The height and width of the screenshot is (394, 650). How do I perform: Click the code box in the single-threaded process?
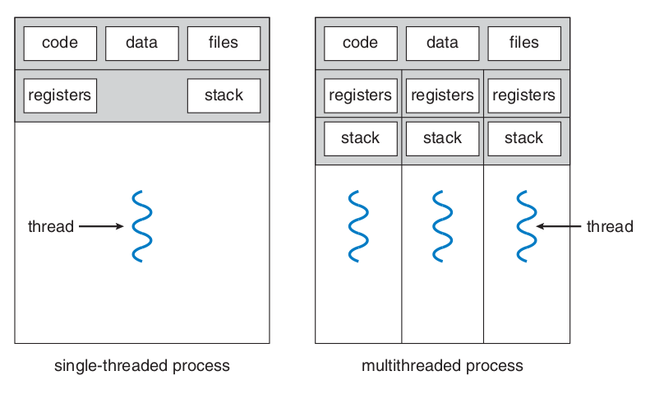tap(60, 44)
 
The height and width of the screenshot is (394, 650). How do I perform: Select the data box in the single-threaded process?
tap(142, 44)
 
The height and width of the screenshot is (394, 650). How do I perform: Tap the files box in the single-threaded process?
tap(224, 44)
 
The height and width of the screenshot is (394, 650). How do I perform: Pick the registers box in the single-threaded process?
tap(60, 95)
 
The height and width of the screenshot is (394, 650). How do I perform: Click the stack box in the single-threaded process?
tap(224, 95)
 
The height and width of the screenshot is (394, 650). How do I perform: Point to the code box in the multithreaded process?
tap(361, 44)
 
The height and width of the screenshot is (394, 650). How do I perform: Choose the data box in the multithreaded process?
tap(443, 44)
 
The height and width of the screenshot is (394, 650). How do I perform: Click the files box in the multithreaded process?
tap(524, 44)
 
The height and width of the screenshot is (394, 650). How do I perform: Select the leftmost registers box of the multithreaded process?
tap(361, 95)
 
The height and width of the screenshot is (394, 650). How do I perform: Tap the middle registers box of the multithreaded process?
tap(443, 95)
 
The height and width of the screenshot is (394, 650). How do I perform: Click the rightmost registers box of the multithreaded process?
tap(524, 95)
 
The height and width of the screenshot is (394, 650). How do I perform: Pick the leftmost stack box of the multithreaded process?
tap(361, 139)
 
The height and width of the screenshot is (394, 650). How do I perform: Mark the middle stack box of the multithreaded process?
tap(443, 139)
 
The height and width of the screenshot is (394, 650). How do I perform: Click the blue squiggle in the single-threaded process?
tap(142, 226)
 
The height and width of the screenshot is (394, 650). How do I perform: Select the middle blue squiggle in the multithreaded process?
tap(442, 226)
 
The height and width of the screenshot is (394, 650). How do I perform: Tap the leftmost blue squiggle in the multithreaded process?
tap(358, 226)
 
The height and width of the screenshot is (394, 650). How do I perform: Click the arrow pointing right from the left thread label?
tap(101, 226)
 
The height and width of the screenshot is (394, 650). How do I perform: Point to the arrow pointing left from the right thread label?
tap(559, 226)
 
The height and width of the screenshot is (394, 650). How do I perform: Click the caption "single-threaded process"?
tap(142, 366)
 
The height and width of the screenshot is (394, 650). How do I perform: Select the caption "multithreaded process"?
tap(442, 366)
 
